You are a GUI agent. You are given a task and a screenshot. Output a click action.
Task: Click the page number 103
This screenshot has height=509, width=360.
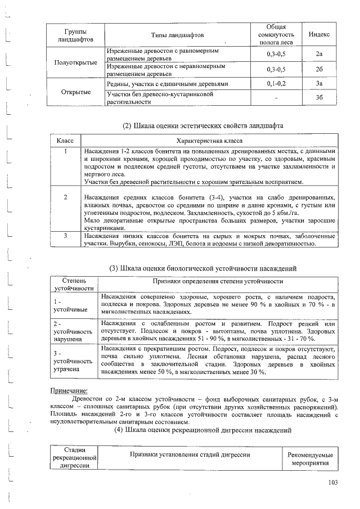click(x=333, y=481)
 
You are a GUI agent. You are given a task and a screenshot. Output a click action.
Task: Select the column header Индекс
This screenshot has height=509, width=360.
click(x=319, y=35)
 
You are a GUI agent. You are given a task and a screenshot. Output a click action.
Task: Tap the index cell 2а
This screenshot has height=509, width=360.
click(x=319, y=55)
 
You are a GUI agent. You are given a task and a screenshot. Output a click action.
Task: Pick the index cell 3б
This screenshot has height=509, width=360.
click(x=319, y=97)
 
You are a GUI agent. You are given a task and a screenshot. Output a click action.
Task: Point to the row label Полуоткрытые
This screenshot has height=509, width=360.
click(x=75, y=62)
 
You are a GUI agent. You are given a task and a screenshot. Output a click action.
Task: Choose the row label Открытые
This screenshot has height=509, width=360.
click(x=75, y=91)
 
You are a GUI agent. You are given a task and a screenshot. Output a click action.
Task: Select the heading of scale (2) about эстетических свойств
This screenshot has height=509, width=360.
click(x=202, y=125)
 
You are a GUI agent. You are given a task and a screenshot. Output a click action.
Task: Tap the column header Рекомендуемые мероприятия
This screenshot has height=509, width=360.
click(x=309, y=460)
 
